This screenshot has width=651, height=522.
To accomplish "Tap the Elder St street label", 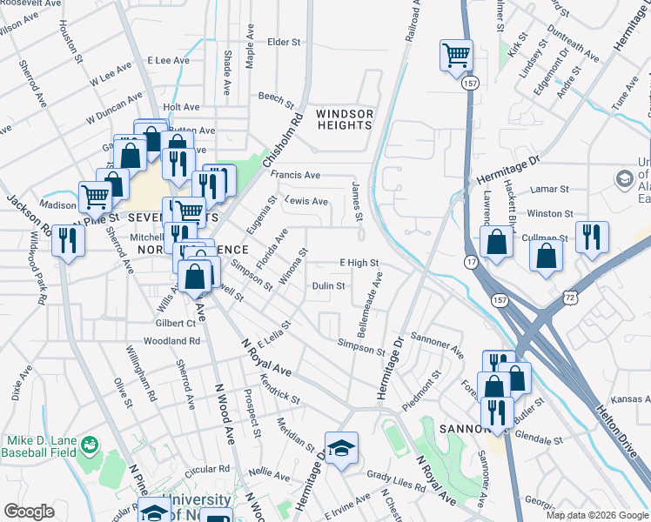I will [284, 41].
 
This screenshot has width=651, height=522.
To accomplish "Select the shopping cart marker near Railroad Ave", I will [456, 56].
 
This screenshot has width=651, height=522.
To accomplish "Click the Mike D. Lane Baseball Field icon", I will [89, 447].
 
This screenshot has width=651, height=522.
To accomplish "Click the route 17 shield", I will [471, 261].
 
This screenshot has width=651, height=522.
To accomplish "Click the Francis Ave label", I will [295, 175].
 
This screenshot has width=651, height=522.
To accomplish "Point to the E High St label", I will [359, 263].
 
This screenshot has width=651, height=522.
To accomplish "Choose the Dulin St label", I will [329, 285].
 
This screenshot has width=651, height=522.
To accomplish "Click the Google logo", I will [30, 512].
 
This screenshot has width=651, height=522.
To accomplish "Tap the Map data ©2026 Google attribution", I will [597, 515].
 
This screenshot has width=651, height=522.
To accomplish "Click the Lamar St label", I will [549, 189].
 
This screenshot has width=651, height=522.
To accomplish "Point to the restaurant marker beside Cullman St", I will [592, 236].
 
